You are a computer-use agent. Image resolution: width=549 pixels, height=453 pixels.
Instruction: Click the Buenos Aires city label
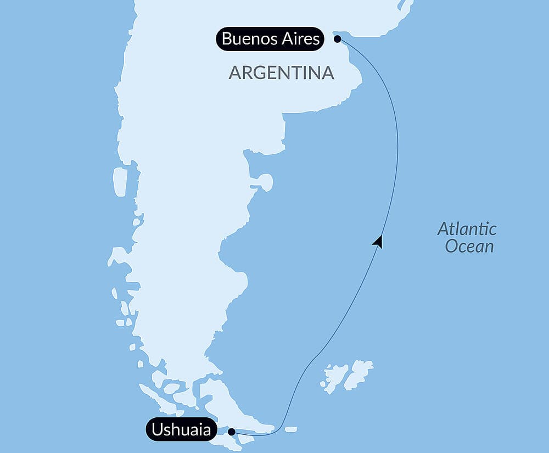270,39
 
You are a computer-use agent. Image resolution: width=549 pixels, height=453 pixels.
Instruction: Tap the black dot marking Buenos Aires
338,38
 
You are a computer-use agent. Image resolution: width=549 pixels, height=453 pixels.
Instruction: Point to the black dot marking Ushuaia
232,432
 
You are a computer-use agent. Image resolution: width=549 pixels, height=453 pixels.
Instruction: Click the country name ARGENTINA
281,73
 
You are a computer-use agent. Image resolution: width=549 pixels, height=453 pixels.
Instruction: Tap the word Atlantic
467,228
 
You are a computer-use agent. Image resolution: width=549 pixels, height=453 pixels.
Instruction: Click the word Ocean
469,246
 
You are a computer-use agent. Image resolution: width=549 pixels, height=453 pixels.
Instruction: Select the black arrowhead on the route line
378,241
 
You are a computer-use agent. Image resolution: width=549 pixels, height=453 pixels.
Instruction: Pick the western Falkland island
336,376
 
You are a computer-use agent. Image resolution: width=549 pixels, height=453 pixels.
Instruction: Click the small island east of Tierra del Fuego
291,429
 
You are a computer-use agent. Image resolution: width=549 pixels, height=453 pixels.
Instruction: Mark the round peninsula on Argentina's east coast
266,182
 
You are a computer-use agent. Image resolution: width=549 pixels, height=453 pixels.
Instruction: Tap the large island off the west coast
120,182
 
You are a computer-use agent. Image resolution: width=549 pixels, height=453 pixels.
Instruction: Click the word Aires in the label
301,39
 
